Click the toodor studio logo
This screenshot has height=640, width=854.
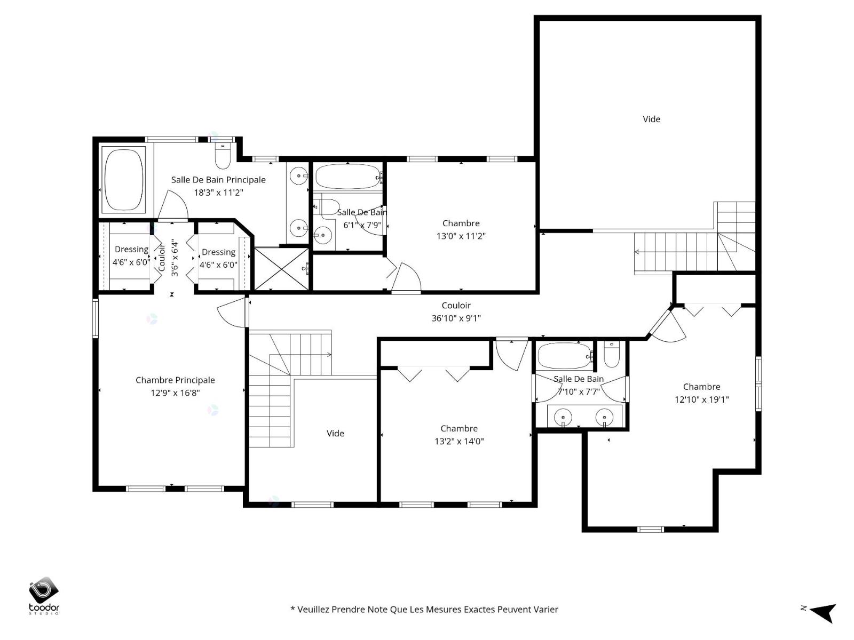point(44,596)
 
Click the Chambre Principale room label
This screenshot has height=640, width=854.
point(175,380)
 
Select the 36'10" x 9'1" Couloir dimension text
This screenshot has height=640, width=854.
point(456,318)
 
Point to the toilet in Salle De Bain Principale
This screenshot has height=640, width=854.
point(223,156)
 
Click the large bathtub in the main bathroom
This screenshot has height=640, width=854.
point(124,180)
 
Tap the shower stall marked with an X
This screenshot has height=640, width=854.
point(281,268)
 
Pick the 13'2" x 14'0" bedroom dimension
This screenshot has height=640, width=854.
point(459,441)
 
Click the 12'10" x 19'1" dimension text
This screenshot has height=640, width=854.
point(701,399)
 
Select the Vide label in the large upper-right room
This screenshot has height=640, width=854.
point(651,119)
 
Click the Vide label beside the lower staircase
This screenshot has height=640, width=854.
point(335,433)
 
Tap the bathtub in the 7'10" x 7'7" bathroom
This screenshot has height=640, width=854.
point(565,356)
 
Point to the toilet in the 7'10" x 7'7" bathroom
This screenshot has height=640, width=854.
point(612,354)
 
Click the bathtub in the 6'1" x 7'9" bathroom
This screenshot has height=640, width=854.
point(348,177)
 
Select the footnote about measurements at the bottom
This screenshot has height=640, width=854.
point(424,609)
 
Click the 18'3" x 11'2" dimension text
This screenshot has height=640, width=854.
point(218,193)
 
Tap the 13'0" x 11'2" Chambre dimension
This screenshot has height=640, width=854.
point(461,236)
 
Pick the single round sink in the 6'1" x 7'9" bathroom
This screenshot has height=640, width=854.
point(322,235)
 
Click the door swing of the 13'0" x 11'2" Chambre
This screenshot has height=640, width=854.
point(407,277)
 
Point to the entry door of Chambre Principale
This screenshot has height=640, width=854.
point(233,312)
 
